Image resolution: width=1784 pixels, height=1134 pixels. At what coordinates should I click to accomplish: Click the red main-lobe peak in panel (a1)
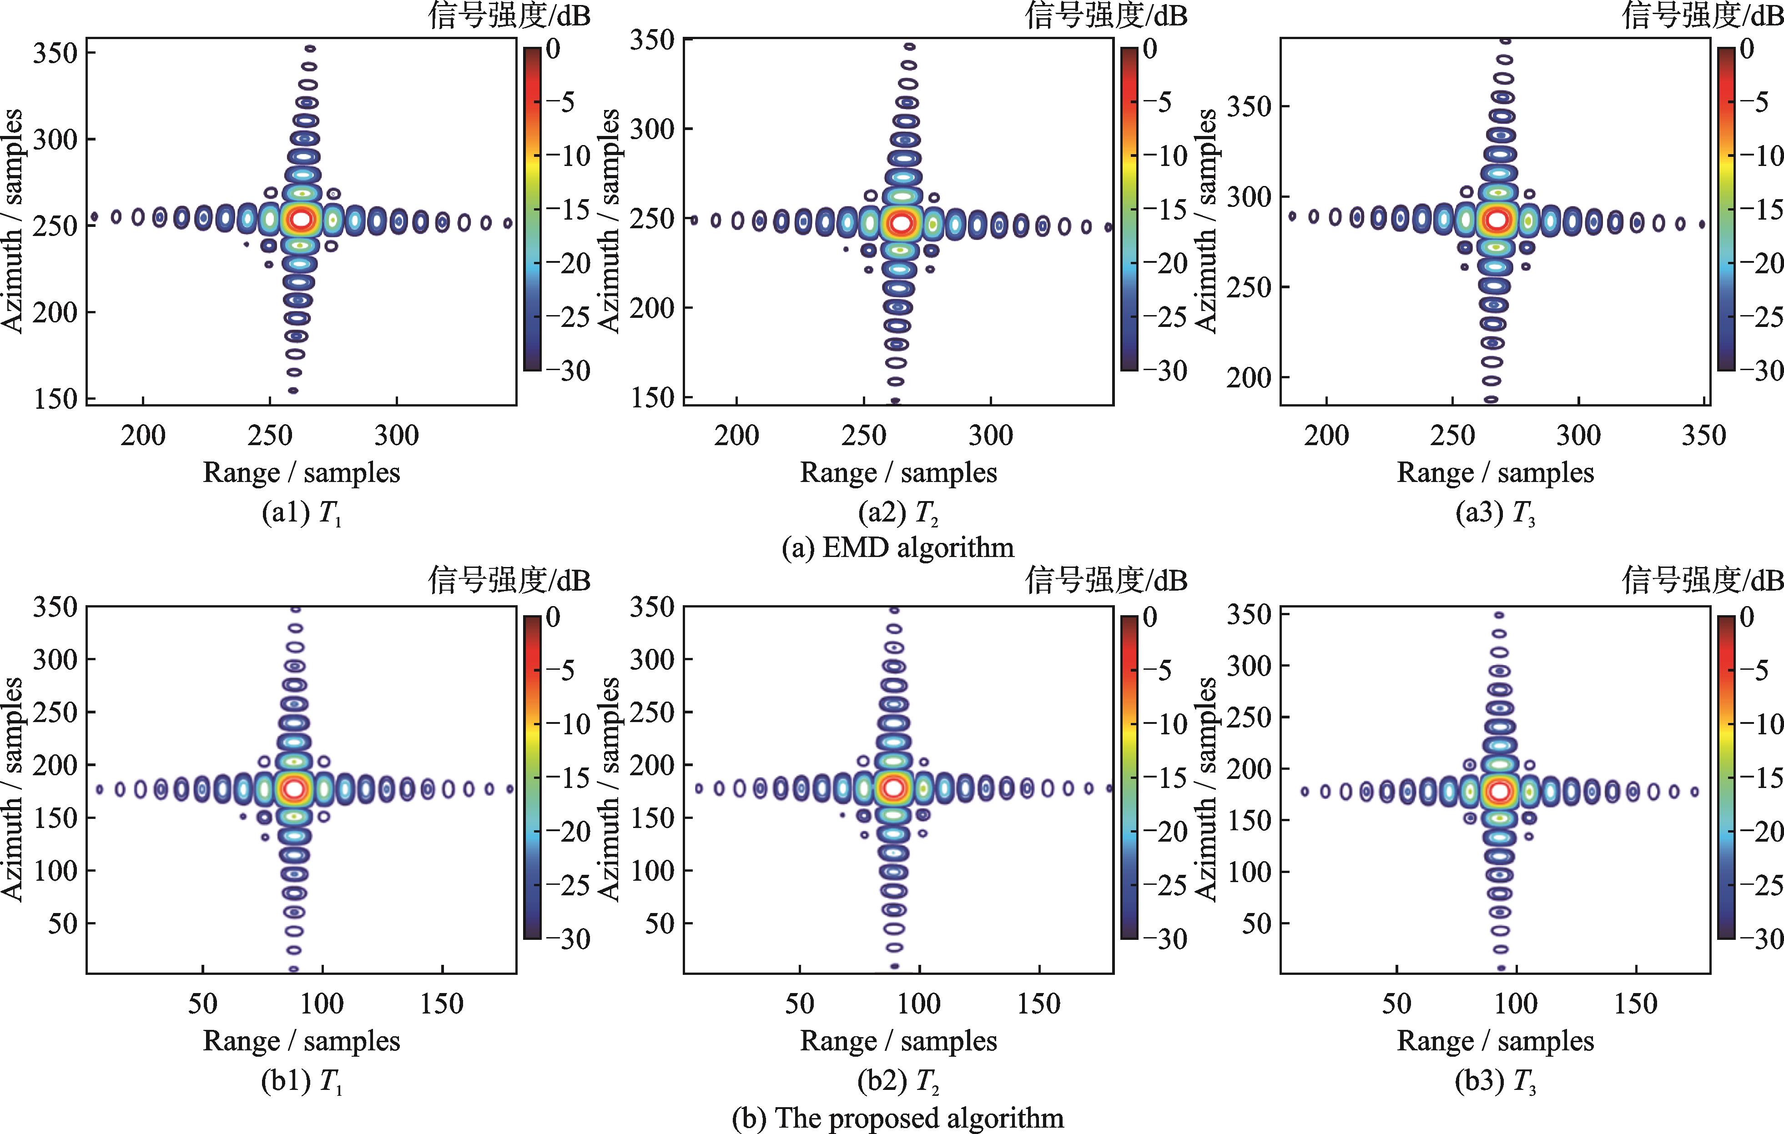click(x=301, y=219)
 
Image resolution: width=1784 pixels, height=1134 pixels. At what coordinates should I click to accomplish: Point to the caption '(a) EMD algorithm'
click(x=898, y=547)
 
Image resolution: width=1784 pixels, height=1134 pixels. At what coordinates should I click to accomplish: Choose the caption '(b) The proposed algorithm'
click(x=898, y=1117)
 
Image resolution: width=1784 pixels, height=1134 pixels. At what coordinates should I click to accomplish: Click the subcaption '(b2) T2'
click(x=898, y=1082)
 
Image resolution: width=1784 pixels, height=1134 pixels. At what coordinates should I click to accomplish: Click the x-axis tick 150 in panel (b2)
click(x=1038, y=1004)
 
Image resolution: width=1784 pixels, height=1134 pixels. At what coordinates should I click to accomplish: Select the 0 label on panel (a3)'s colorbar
click(x=1747, y=49)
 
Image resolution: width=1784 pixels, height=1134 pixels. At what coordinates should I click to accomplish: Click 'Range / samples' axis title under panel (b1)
click(x=302, y=1041)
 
